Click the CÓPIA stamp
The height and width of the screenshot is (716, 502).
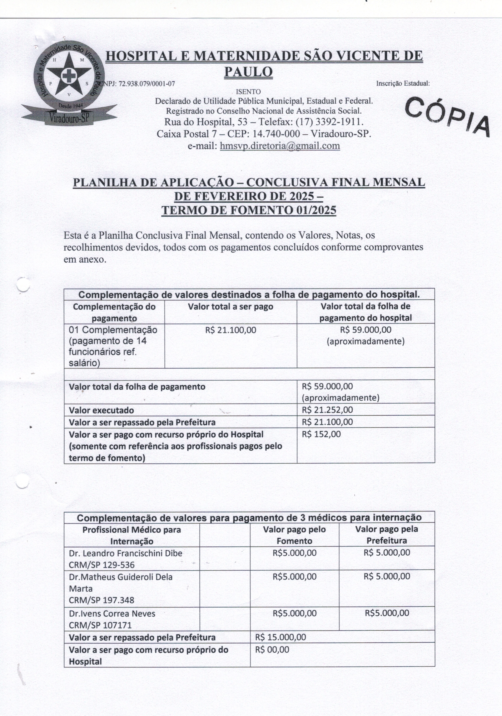pos(448,116)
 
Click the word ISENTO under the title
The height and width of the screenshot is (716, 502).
pos(248,92)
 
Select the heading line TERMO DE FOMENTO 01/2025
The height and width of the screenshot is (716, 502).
pos(249,210)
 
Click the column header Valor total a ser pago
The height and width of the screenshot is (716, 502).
pos(230,307)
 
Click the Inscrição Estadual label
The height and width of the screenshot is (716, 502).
pos(403,84)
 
